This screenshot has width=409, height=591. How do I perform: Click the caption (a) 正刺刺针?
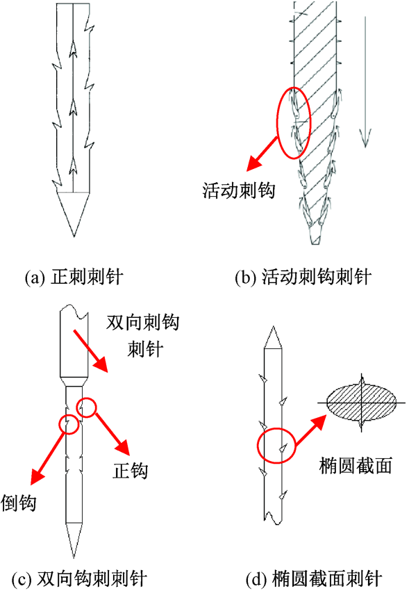[x=74, y=277]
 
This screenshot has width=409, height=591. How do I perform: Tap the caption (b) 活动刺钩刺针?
[x=303, y=277]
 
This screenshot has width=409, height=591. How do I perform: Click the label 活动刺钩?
[x=239, y=191]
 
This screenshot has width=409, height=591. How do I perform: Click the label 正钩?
[x=130, y=471]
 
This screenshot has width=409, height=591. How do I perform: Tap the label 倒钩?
[x=18, y=503]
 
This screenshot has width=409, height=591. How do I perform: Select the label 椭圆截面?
[x=356, y=465]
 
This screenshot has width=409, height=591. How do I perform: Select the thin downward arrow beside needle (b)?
[x=365, y=82]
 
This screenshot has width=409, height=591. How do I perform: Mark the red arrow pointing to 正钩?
[x=112, y=434]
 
